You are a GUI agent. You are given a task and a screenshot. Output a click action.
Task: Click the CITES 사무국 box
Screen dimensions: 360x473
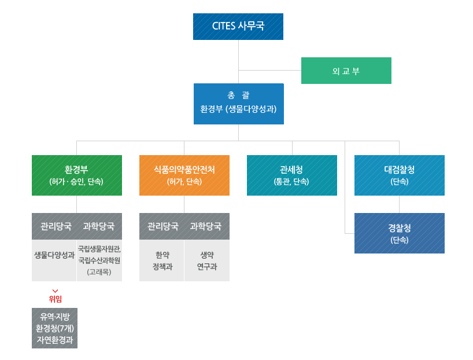(x=238, y=27)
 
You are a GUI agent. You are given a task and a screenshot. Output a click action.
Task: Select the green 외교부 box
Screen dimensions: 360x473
(x=346, y=71)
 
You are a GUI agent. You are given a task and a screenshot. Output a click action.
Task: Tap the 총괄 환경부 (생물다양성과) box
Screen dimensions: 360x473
(x=239, y=104)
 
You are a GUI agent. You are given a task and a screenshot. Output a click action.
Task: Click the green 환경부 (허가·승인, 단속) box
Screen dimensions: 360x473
(x=77, y=175)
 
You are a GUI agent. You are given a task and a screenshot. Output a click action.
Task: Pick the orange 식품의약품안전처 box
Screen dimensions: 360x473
(x=184, y=175)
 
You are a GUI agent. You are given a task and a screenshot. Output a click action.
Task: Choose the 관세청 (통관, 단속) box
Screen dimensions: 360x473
(x=292, y=175)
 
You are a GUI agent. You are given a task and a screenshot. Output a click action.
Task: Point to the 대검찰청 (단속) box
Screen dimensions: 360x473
(x=400, y=175)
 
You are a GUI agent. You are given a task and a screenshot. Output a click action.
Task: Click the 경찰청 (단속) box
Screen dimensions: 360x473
(x=400, y=233)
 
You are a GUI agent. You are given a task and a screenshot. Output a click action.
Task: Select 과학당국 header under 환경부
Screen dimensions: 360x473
(x=99, y=226)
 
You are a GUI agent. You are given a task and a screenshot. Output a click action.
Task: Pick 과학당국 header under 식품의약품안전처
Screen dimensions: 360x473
(x=206, y=226)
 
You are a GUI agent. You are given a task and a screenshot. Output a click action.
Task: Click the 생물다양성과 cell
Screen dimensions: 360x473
(x=54, y=255)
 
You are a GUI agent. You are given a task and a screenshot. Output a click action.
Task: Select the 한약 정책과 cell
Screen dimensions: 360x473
(x=162, y=261)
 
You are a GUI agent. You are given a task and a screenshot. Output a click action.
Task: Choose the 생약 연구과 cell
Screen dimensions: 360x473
(x=207, y=261)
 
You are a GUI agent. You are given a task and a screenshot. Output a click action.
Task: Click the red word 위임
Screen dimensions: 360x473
(x=56, y=299)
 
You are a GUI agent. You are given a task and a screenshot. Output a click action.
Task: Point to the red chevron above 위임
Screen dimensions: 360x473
(x=56, y=291)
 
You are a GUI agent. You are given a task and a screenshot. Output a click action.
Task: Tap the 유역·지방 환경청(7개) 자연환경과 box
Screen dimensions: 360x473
(x=55, y=328)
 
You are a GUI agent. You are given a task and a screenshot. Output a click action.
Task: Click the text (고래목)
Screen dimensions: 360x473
(x=99, y=271)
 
